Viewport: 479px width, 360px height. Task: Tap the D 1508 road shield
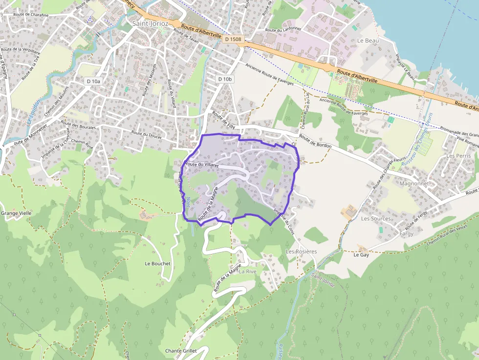coord(233,38)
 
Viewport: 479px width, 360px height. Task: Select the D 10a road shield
coord(92,81)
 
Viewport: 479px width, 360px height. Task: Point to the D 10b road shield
coord(225,79)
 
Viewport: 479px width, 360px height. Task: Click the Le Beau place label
coord(368,41)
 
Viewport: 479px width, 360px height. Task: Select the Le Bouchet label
coord(157,263)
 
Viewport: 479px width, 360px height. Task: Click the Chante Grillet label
coord(180,351)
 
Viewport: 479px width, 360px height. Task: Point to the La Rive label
coord(247,271)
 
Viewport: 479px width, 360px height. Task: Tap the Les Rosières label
coord(301,251)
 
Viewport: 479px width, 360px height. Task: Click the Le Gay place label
coord(361,254)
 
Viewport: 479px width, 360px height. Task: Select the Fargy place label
coord(406,233)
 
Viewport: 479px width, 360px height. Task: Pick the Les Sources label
coord(375,218)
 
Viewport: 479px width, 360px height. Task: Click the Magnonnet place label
coord(414,184)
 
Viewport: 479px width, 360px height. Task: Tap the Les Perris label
coord(458,156)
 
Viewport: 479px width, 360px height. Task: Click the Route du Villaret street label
coord(201,165)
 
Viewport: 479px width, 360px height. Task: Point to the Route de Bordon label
coord(315,142)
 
